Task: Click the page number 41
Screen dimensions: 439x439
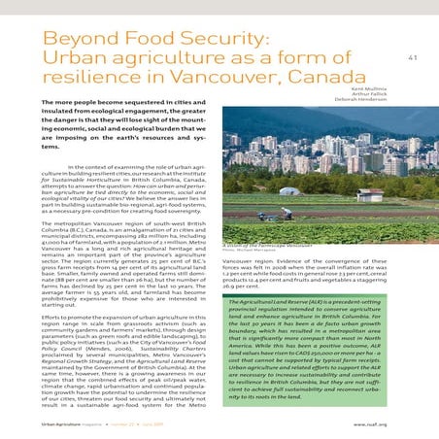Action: point(412,58)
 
